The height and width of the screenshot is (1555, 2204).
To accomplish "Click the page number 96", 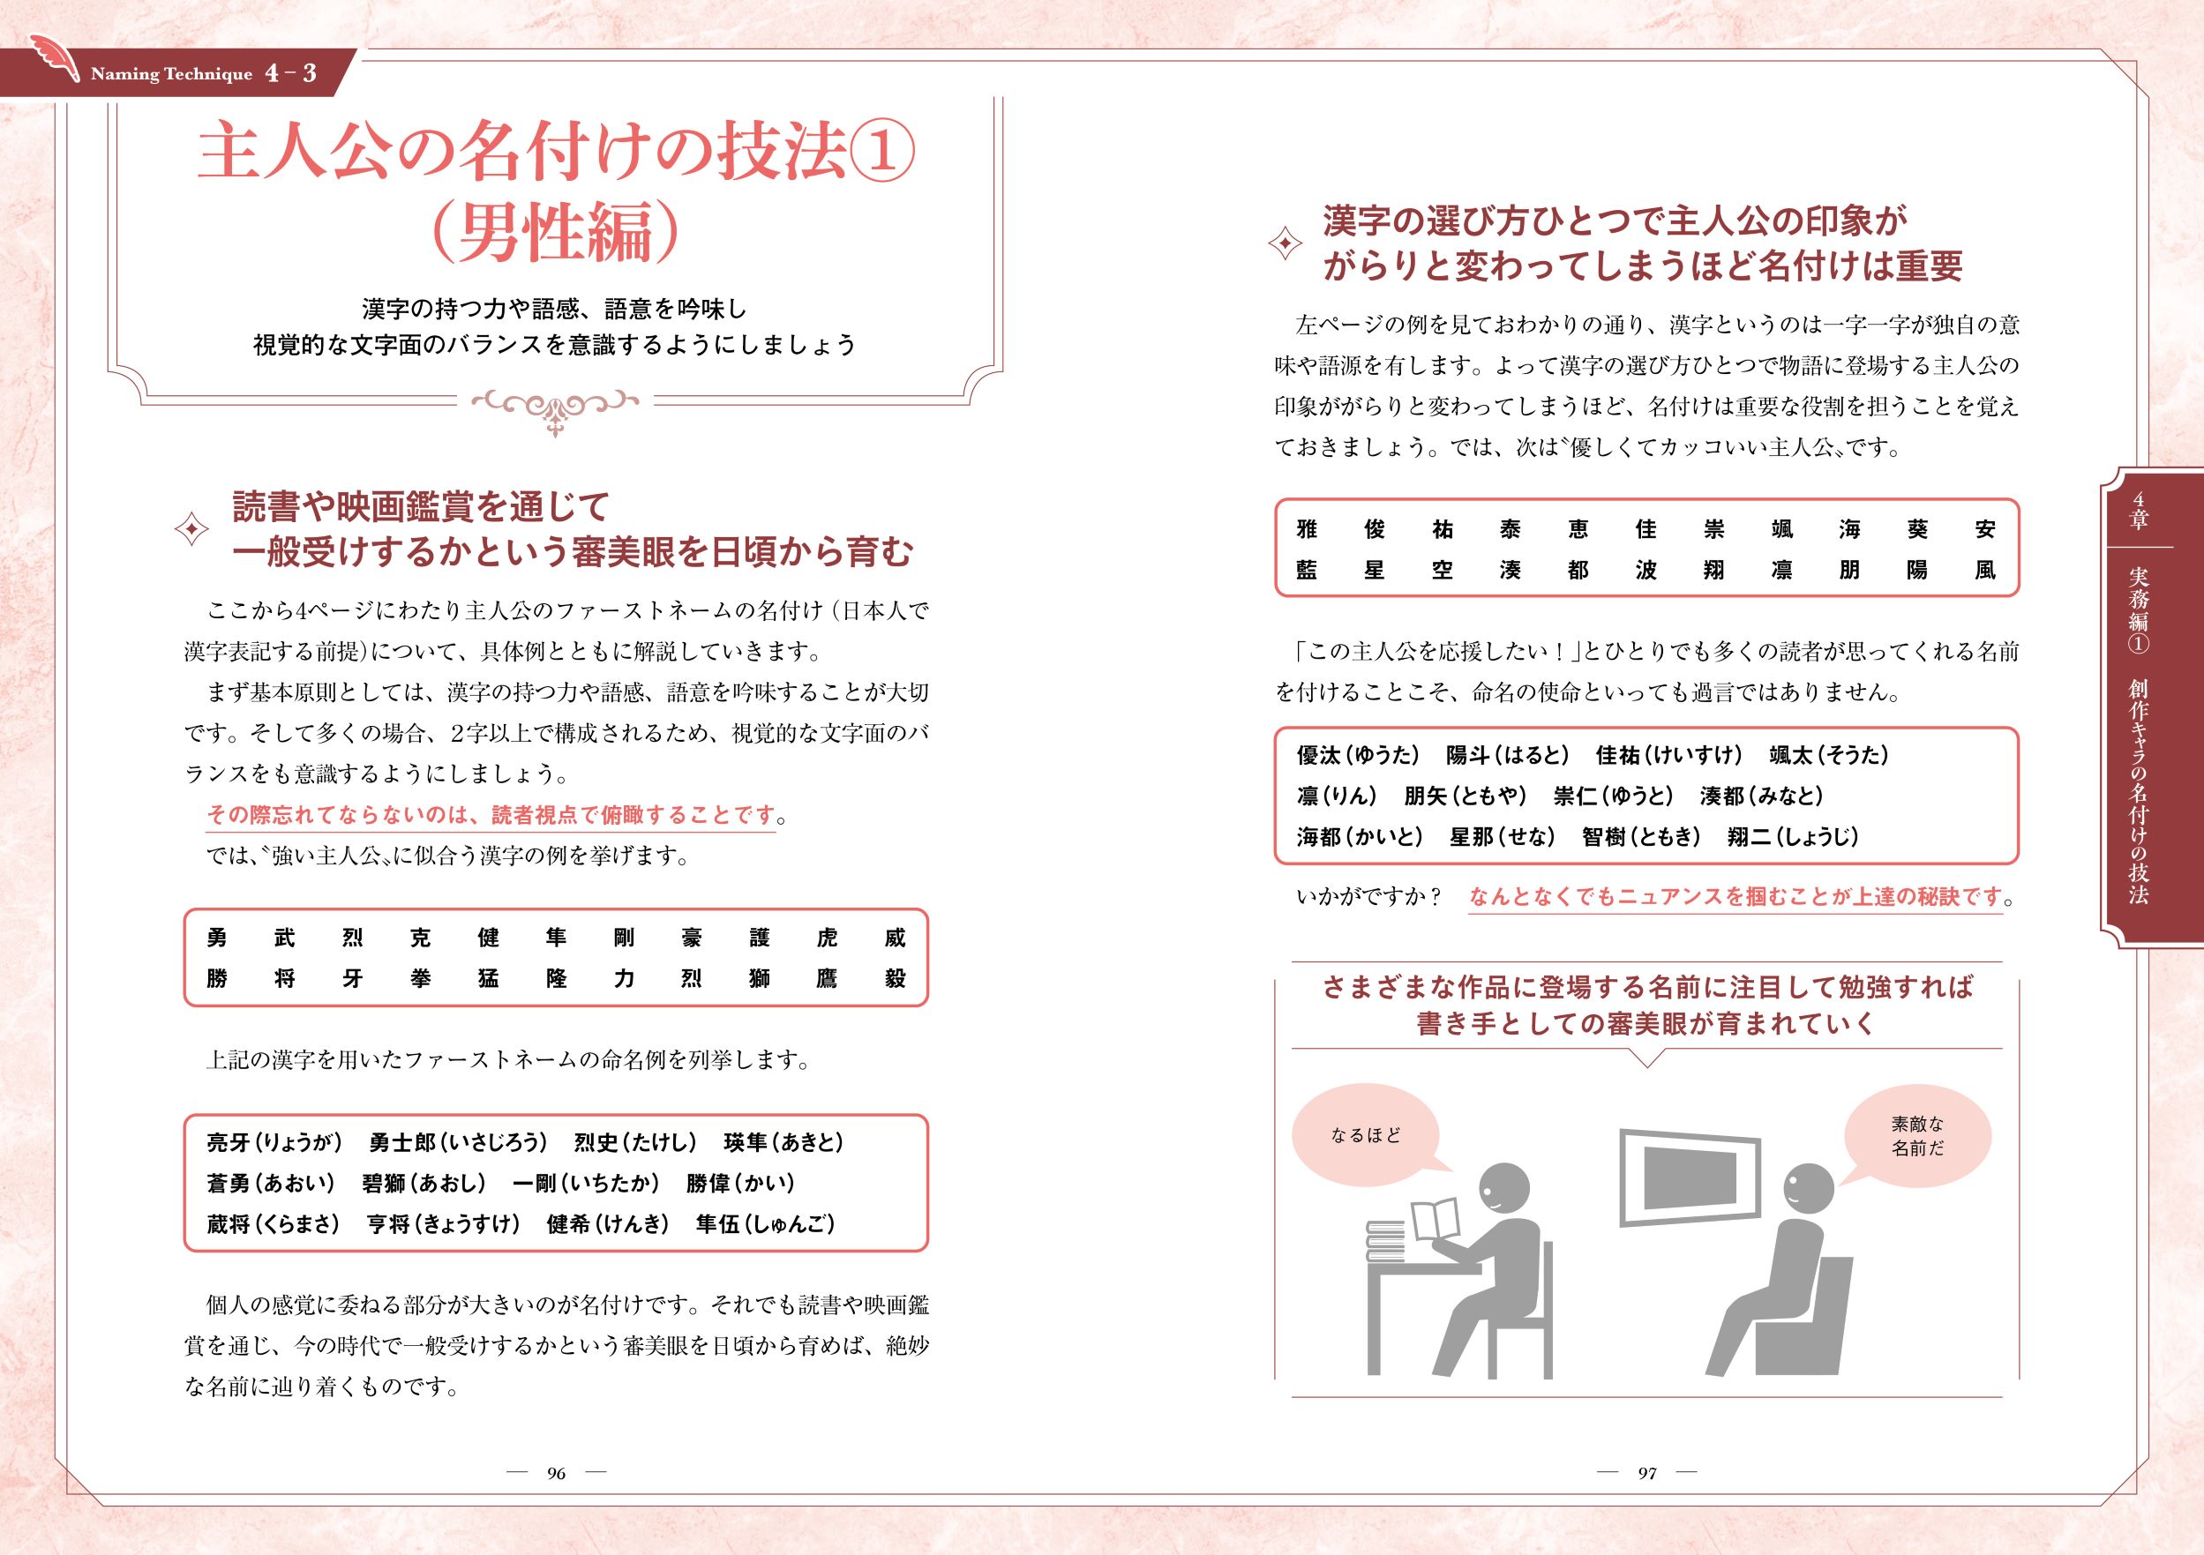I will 556,1473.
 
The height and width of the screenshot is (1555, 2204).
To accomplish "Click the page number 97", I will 1647,1473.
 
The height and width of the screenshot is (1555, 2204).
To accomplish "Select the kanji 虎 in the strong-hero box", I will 827,938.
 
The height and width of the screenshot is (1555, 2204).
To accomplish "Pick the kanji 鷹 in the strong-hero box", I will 827,979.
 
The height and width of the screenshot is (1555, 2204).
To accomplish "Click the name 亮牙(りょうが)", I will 274,1142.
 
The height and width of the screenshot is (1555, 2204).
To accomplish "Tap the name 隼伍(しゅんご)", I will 765,1224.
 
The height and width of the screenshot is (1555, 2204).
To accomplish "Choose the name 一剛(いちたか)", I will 586,1183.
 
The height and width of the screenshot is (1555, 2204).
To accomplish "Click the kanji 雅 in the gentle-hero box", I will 1307,529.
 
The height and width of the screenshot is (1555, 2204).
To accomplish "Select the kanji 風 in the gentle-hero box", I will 1985,570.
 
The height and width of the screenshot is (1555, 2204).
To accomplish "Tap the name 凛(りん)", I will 1336,796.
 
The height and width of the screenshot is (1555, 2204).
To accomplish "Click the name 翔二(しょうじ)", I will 1792,836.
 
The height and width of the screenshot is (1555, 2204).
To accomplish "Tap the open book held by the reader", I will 1436,1219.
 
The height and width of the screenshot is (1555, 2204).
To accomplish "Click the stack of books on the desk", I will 1387,1244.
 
